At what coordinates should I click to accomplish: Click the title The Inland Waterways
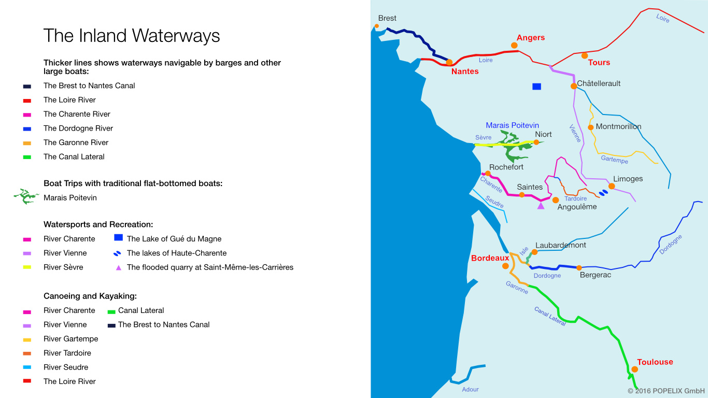tap(132, 36)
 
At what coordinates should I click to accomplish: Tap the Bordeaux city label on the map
tap(490, 258)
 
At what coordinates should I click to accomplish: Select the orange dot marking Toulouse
tap(634, 369)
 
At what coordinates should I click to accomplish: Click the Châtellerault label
tap(599, 83)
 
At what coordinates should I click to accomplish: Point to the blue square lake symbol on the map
tap(536, 87)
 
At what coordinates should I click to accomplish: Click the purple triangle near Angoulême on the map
tap(541, 206)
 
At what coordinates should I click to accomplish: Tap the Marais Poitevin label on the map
tap(512, 125)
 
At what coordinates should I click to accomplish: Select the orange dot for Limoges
tap(612, 186)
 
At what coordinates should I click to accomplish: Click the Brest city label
tap(387, 18)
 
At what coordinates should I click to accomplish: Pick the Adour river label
tap(470, 389)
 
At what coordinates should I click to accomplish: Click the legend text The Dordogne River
tap(78, 128)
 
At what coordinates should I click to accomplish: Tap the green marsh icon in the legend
tap(26, 196)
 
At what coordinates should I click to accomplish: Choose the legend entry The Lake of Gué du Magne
tap(174, 239)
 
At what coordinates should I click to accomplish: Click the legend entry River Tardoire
tap(67, 353)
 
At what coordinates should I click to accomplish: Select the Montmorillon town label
tap(618, 126)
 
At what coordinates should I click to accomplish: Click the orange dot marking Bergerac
tap(579, 268)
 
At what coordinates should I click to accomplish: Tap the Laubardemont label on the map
tap(560, 245)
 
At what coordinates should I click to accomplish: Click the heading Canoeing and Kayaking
tap(90, 296)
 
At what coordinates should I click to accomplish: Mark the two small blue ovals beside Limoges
tap(603, 193)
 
